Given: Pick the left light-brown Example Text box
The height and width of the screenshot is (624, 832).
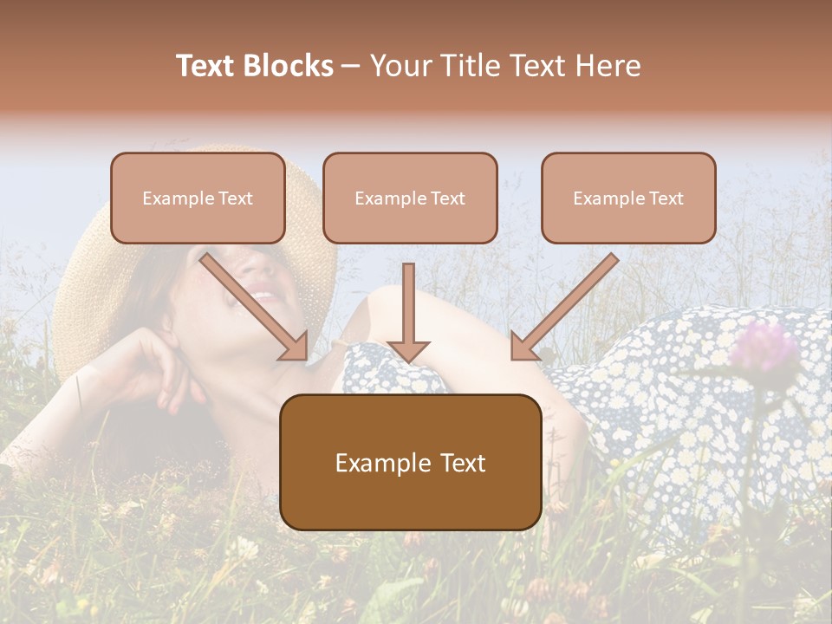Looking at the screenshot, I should point(198,198).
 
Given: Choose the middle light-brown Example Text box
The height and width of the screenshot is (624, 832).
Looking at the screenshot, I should point(410,198).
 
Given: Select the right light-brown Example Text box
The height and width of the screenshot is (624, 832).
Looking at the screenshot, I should point(628,198).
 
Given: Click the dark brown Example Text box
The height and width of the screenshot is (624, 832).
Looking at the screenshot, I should point(410,462).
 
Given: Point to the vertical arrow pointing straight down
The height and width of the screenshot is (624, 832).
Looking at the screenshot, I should point(408,312).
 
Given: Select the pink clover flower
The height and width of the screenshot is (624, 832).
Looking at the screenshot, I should point(763,347).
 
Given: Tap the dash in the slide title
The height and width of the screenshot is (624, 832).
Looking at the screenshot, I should point(351,66).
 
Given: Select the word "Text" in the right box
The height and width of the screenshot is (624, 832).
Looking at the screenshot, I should point(666,198).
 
